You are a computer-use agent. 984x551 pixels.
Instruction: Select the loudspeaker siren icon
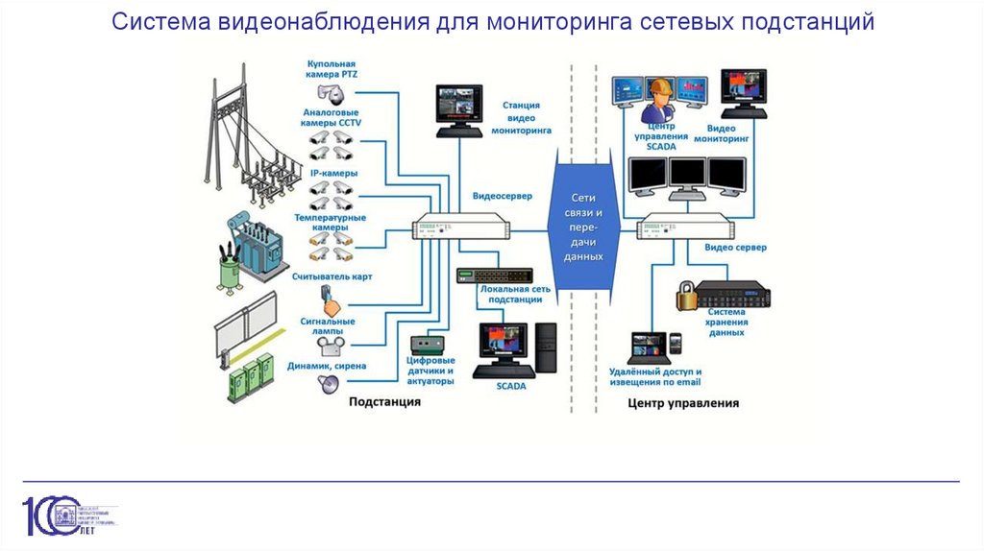329,384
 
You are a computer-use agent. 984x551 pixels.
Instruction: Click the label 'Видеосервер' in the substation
502,196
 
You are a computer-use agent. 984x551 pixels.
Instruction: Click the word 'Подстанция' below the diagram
384,402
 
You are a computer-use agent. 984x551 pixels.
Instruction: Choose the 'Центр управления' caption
683,403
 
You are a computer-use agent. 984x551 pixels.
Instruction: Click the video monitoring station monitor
457,104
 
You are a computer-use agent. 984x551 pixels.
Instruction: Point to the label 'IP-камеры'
333,173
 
